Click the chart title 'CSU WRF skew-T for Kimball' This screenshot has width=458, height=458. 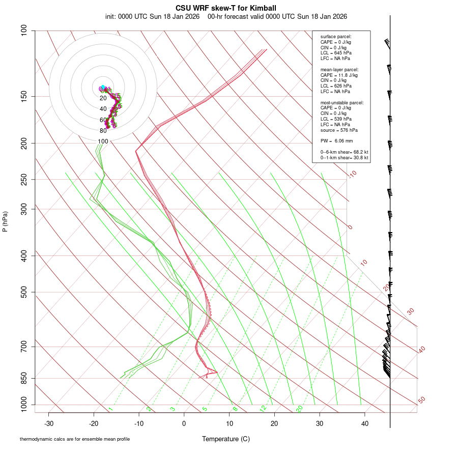point(226,8)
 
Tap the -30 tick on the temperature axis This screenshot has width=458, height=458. point(49,423)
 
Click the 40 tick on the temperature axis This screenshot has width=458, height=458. point(365,423)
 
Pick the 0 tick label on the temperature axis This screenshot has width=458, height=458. point(184,423)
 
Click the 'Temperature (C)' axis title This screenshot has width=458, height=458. point(226,439)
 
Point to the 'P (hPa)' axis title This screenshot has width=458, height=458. point(5,221)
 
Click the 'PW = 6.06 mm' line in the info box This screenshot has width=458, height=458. point(336,141)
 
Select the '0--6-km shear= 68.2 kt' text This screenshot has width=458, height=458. point(344,152)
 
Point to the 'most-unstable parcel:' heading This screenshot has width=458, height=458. point(342,103)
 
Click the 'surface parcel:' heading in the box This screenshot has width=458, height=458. point(336,37)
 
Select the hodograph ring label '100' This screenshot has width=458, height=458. point(103,141)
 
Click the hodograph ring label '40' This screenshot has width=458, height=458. point(103,109)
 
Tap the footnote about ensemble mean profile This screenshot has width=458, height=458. point(75,439)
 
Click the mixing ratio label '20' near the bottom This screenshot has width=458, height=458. point(299,409)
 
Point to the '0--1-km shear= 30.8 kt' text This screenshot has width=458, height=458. point(344,158)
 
